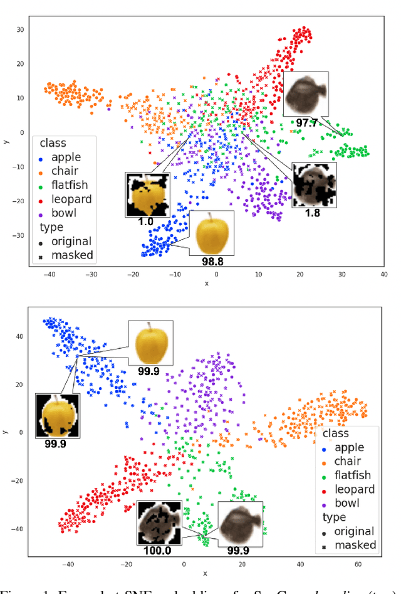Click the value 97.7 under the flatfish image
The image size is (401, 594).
[306, 123]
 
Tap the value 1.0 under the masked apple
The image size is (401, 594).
[145, 221]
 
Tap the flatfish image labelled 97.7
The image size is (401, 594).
[306, 94]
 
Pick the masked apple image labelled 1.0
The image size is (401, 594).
[147, 194]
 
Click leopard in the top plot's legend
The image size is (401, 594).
[71, 199]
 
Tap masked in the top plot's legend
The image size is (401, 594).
[71, 255]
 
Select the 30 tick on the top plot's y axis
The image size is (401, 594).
[19, 29]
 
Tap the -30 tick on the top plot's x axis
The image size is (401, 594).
[91, 274]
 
